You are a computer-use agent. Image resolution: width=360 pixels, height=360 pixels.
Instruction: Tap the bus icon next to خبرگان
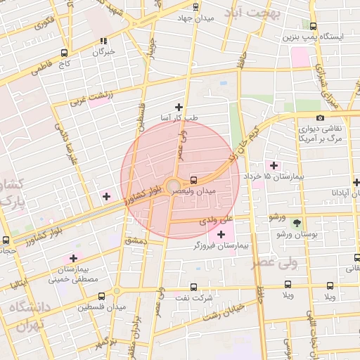(104, 41)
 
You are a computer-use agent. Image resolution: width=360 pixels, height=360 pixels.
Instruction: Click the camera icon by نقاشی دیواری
(321, 118)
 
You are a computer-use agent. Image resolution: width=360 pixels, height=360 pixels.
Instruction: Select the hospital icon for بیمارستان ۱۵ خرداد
(274, 165)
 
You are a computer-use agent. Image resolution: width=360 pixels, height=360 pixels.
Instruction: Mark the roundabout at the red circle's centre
(173, 186)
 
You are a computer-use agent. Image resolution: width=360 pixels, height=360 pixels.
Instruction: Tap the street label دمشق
(135, 240)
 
